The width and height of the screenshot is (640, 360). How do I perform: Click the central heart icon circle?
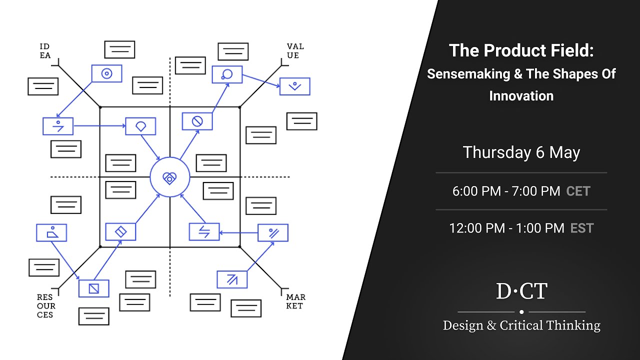(170, 177)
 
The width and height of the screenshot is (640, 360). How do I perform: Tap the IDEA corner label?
(45, 51)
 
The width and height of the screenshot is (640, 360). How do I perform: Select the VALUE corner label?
(295, 51)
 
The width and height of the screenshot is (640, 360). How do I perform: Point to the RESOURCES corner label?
(46, 305)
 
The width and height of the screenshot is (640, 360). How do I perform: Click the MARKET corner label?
(295, 301)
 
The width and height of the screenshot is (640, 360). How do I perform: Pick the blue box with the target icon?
(106, 73)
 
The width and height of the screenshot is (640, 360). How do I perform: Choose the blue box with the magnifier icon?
(227, 74)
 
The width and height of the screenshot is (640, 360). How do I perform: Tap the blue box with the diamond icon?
(120, 231)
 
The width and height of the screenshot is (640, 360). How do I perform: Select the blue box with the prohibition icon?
(197, 121)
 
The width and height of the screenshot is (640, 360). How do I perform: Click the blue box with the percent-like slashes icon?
(273, 232)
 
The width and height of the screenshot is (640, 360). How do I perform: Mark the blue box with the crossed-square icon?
(93, 288)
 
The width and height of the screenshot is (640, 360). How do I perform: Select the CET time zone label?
(578, 191)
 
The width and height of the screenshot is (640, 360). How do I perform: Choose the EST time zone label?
(581, 228)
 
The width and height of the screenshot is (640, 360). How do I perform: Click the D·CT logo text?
(521, 291)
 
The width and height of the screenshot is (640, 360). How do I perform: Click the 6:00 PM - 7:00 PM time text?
(506, 191)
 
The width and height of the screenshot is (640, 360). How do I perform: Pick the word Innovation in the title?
(521, 96)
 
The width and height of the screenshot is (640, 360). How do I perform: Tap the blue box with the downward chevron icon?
(294, 86)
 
